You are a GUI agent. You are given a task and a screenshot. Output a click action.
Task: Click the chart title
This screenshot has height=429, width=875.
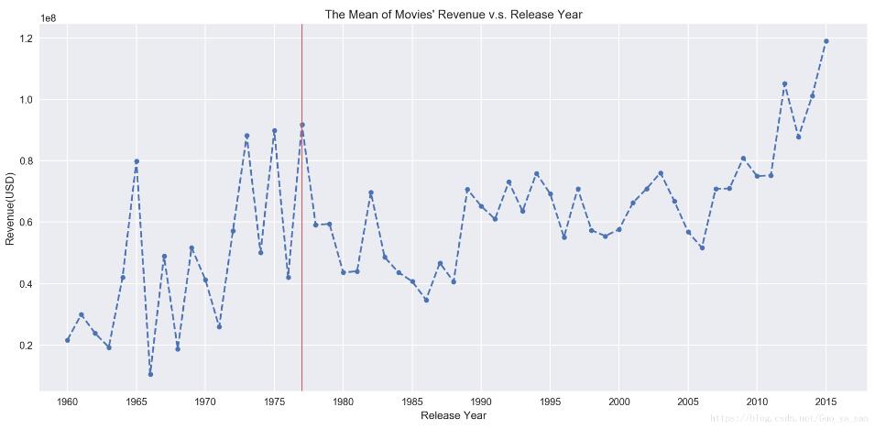coord(454,15)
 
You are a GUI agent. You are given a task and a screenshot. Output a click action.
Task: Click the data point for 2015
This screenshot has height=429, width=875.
coord(826,41)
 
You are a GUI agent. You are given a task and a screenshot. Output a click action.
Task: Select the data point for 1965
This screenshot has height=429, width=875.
coord(137,161)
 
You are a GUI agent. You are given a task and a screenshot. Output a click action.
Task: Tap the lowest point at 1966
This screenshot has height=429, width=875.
coord(150,374)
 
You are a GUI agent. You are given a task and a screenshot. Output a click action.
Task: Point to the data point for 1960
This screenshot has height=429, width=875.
coord(68,340)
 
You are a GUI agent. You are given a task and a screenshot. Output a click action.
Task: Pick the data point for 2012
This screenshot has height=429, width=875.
coord(784,83)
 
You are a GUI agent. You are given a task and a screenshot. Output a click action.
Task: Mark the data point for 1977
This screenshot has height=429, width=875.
coord(301,125)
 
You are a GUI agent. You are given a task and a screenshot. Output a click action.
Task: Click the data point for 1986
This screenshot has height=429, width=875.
coord(426,300)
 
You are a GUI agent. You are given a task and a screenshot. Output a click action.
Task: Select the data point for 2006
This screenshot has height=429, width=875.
coord(702,247)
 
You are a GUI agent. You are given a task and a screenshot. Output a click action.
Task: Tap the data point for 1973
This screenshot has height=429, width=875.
coord(246,136)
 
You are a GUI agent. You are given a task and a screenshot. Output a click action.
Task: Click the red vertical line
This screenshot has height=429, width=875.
coord(301,275)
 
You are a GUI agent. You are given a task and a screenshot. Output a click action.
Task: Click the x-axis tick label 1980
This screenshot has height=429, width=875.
coord(344,401)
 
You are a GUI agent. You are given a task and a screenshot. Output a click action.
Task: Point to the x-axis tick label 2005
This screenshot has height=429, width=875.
coord(688,401)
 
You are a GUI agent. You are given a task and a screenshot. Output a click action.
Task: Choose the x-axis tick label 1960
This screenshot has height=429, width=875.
coord(68,401)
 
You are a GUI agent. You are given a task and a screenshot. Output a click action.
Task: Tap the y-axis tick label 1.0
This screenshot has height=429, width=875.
coord(25,100)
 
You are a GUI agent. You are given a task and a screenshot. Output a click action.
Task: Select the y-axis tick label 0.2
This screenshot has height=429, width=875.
coord(25,346)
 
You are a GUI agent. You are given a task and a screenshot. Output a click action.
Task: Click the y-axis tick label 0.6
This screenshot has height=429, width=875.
coord(25,223)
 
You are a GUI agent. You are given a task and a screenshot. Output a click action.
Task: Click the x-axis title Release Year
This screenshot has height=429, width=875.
coord(454,416)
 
